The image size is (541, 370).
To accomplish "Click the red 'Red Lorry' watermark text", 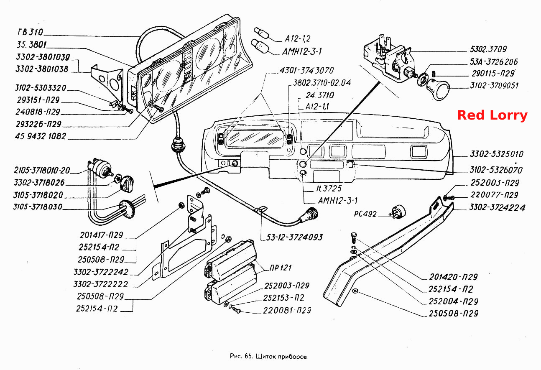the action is (x=492, y=115).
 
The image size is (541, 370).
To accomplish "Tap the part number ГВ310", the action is (x=31, y=32).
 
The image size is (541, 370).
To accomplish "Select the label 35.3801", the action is (x=31, y=45).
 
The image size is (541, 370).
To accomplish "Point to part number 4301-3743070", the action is (x=306, y=70).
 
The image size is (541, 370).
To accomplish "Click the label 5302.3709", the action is (x=488, y=49).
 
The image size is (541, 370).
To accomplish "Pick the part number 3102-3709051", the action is (x=494, y=85).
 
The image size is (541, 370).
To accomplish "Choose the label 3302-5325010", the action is (x=497, y=154).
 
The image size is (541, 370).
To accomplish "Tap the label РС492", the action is (x=365, y=214).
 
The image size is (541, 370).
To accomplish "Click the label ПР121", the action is (x=281, y=268).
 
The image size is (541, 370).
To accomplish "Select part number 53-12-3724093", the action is (x=294, y=237).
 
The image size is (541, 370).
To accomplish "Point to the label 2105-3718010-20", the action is (x=42, y=171).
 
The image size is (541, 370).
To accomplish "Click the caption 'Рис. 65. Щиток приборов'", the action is (x=268, y=357).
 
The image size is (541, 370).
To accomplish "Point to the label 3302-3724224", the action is (x=497, y=207).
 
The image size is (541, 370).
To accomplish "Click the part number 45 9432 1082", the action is (x=40, y=136).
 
